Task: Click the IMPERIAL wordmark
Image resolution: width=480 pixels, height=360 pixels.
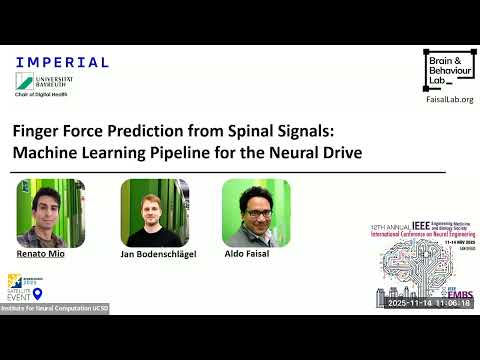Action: point(62,62)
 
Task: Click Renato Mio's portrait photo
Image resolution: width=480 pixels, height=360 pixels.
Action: point(50,213)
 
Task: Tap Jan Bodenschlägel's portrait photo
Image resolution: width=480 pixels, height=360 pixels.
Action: point(154,213)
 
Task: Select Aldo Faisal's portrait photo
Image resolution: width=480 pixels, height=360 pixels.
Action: point(256,213)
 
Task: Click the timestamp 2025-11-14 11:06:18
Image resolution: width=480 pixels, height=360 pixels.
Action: point(429,303)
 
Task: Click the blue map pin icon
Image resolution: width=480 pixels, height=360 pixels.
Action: point(38,294)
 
